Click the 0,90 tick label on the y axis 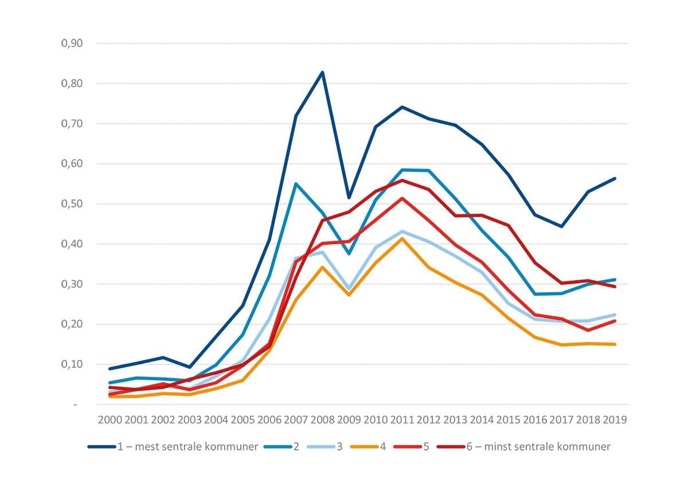click(72, 44)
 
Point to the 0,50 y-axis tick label click(72, 204)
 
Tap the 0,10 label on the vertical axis click(72, 364)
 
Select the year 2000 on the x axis click(110, 419)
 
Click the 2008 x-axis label click(322, 419)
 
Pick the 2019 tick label click(615, 419)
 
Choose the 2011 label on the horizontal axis click(402, 419)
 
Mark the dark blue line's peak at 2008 click(322, 72)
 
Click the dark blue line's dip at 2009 click(349, 198)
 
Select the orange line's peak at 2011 click(402, 238)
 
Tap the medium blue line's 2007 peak click(296, 184)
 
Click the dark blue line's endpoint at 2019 click(615, 178)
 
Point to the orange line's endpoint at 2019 click(615, 344)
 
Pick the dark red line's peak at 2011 click(402, 180)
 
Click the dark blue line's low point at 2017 click(562, 226)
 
